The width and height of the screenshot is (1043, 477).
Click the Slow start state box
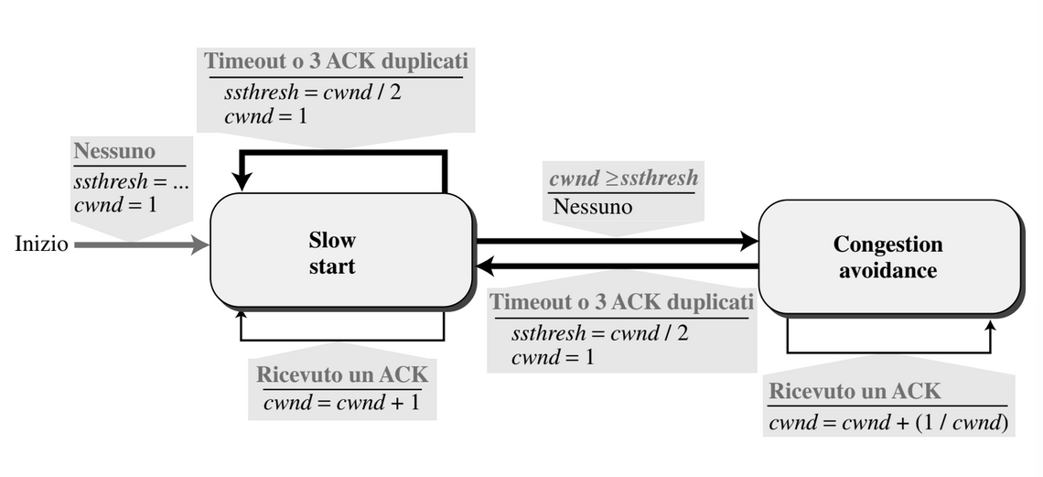342,252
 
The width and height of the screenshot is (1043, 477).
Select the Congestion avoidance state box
890,257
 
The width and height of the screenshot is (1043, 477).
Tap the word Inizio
41,244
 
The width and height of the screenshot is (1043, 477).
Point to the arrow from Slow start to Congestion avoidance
618,242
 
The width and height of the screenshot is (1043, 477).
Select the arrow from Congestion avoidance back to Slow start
618,266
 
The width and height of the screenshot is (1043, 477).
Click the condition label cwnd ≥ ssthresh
623,179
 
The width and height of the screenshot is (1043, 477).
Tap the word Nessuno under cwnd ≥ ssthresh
593,207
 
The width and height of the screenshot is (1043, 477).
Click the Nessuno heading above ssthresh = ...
114,151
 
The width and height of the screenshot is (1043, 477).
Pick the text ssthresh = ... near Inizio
131,181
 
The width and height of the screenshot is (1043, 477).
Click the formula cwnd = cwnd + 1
342,403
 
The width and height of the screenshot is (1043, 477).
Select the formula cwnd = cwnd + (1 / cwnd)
888,422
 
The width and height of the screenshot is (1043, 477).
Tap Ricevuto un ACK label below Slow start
342,374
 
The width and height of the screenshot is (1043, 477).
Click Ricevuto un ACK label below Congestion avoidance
855,391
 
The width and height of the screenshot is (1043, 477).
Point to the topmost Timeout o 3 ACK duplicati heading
336,61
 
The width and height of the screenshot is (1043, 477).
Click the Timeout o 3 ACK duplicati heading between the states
622,302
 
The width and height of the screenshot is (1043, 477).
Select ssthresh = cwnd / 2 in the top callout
313,92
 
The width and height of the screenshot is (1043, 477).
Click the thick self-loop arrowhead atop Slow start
242,181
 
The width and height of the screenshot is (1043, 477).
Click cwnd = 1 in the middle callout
553,357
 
